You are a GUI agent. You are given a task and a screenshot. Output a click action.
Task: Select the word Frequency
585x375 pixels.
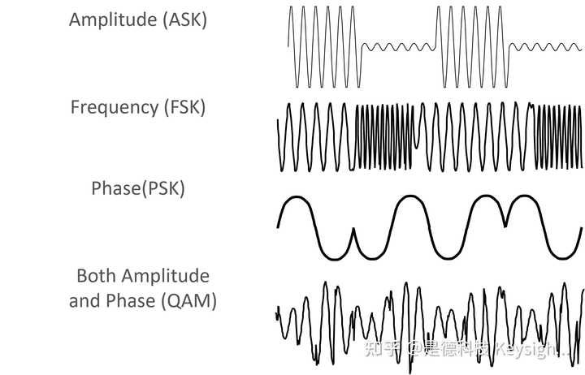click(110, 106)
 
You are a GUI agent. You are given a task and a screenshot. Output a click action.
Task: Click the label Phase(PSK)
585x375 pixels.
click(138, 189)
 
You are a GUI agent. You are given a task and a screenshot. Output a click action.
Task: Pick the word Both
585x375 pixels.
click(97, 275)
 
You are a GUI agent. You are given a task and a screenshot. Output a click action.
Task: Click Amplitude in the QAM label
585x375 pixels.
click(166, 275)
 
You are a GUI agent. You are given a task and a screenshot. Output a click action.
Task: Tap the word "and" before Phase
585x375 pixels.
click(83, 301)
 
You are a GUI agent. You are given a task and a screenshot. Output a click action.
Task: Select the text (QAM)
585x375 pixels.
click(189, 301)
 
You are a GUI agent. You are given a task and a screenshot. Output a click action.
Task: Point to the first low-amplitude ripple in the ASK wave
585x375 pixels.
click(398, 47)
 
